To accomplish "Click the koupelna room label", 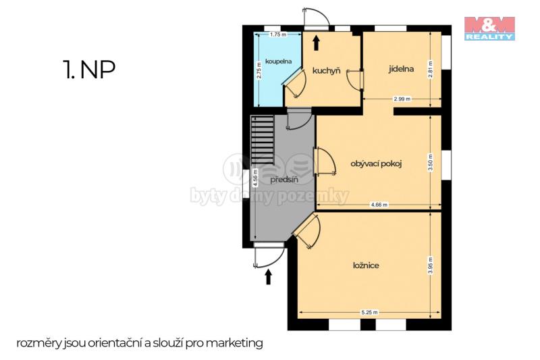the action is coord(278,61).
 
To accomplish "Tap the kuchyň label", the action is coord(326,71).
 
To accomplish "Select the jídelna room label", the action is coord(401,69).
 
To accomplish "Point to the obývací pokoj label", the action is coord(376,163).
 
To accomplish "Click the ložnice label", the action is coord(366,265).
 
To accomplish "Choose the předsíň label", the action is coord(284,180).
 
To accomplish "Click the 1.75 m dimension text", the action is coord(278,34).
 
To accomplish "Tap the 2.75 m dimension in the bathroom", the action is coord(259,70).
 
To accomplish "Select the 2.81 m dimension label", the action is coord(431,70).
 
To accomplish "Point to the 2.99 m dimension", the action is coord(402,99).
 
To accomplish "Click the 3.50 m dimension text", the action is coord(431,162).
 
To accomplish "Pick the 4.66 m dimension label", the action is coord(379,205).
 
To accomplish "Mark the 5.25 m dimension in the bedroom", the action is coord(369,313).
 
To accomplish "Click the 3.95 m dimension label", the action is coord(431,265).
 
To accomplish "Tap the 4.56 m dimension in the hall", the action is coord(255,178).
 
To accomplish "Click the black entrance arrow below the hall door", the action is coord(268,277).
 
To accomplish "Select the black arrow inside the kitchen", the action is coord(316,43).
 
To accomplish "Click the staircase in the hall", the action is coord(263,140).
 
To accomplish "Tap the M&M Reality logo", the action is coord(489,28).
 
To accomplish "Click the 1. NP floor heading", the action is coord(89,70).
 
